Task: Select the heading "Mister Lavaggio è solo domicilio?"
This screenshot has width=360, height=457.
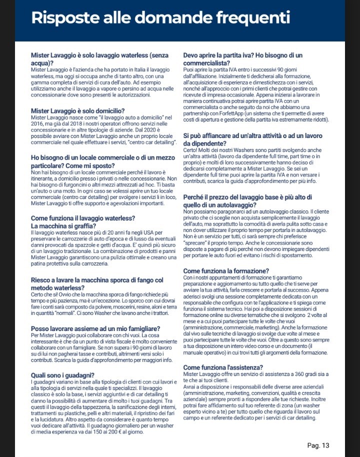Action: point(77,111)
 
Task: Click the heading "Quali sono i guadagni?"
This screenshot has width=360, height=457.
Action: point(63,375)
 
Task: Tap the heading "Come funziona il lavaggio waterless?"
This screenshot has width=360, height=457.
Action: point(82,218)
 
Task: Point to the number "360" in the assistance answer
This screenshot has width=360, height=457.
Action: point(307,374)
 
